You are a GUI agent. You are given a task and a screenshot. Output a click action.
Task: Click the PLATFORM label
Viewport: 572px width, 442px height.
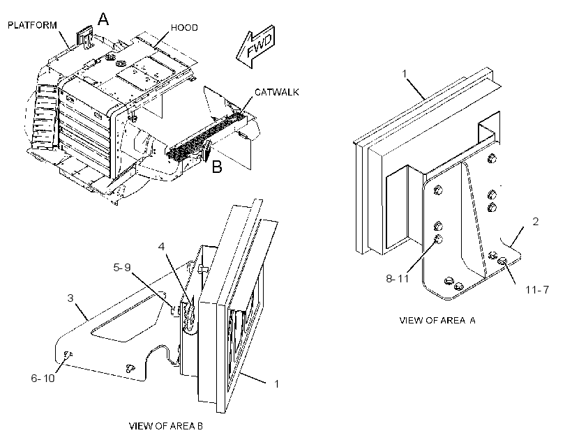point(33,25)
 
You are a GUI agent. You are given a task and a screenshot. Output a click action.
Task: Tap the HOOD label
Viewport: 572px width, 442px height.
point(184,28)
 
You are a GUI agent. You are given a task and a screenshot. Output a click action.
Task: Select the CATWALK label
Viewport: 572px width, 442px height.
point(276,92)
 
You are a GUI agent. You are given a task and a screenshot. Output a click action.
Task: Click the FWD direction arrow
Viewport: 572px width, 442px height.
point(256,46)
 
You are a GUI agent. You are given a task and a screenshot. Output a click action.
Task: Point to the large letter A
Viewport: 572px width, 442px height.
point(104,19)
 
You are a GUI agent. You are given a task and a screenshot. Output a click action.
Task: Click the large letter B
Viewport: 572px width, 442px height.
point(217,167)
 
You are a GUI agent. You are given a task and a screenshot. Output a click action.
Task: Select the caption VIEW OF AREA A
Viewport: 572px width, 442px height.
point(437,321)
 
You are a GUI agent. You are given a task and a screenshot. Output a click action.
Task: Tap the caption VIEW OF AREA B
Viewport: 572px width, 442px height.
point(166,426)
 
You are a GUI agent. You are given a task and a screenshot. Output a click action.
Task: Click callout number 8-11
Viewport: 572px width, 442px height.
point(398,279)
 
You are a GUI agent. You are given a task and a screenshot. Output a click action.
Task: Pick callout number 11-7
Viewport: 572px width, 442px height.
point(537,289)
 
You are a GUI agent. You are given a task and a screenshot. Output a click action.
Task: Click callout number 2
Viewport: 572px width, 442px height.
point(536,222)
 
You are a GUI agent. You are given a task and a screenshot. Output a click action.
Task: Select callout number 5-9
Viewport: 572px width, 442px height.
point(122,268)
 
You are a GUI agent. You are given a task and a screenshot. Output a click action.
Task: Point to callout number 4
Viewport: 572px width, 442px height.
point(161,247)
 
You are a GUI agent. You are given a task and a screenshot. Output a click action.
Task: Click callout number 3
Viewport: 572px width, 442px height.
point(70,298)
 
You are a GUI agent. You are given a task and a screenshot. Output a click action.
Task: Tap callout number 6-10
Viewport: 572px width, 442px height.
point(43,379)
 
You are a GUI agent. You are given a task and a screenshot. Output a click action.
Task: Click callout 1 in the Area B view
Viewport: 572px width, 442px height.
point(276,384)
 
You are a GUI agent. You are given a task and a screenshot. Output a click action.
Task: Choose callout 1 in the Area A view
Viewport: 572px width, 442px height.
point(404,74)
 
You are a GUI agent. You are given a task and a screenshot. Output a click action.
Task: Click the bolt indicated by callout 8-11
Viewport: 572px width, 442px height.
point(439,239)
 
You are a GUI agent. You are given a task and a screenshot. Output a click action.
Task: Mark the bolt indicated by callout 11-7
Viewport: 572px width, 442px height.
point(503,261)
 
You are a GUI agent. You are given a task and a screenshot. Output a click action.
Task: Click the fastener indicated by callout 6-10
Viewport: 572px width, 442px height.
point(68,353)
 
